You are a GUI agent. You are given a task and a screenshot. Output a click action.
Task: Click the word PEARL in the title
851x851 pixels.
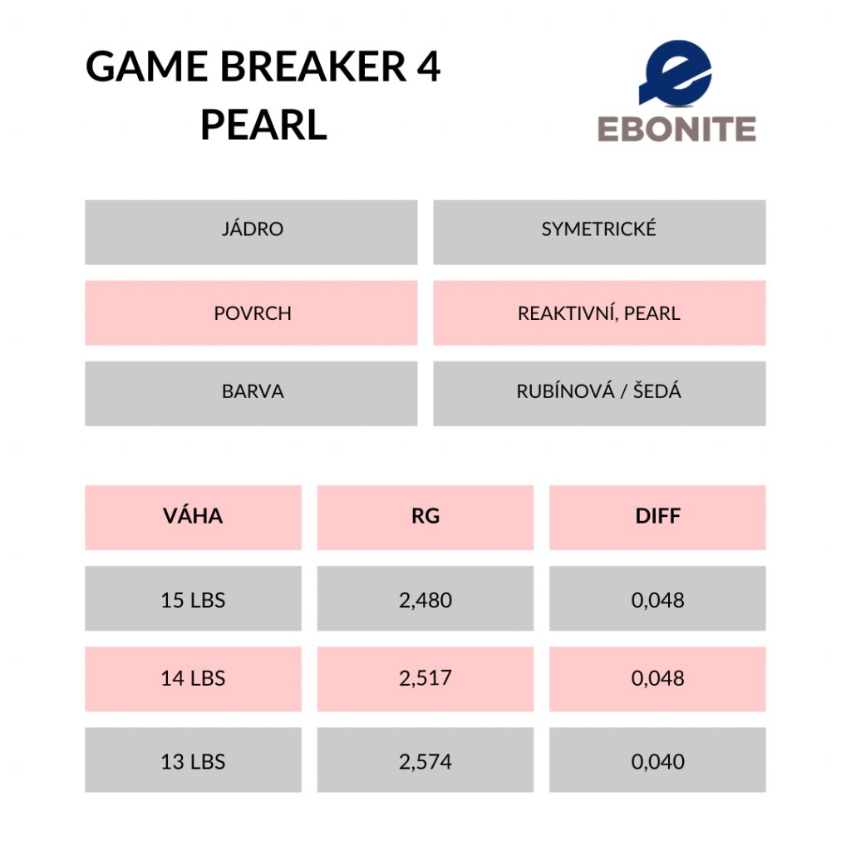tap(263, 125)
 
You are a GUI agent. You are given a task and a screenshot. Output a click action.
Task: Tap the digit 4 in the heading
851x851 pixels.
tap(429, 66)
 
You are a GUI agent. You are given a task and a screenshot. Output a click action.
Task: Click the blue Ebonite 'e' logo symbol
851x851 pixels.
tap(675, 73)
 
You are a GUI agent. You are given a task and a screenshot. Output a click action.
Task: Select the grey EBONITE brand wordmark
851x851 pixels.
tap(676, 129)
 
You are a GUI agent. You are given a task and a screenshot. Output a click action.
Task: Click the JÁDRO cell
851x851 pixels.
tap(251, 233)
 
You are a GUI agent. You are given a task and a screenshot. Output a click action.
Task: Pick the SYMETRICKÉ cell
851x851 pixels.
tap(599, 233)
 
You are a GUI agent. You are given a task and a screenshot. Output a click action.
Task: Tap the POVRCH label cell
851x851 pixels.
tap(251, 312)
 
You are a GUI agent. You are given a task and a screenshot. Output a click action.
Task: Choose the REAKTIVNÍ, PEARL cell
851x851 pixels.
tap(599, 312)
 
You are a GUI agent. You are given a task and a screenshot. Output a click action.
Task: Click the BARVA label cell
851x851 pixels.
tap(251, 393)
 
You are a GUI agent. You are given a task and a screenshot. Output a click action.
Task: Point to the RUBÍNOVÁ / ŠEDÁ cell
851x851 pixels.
tap(599, 393)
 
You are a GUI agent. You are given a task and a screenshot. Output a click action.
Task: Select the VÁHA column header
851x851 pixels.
tap(193, 517)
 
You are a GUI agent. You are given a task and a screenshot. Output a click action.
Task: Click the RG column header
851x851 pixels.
tap(425, 517)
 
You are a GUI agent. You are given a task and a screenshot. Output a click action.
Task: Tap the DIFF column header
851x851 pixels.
tap(658, 517)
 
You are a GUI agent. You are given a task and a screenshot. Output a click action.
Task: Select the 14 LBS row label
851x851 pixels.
tap(193, 679)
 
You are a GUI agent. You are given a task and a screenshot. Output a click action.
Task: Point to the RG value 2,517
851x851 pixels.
tap(425, 679)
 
